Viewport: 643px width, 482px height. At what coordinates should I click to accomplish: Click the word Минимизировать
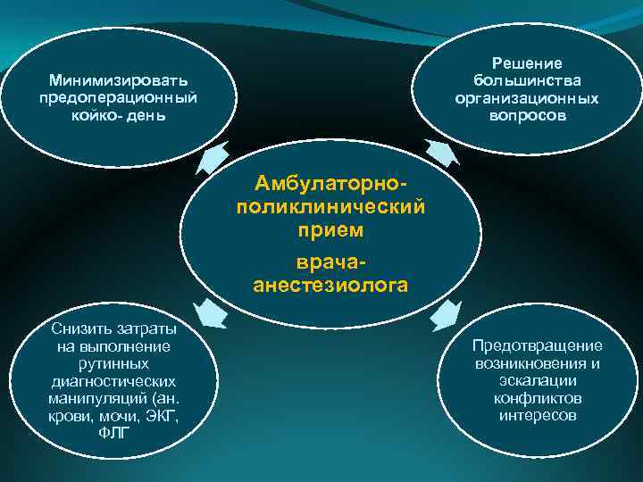pyautogui.click(x=118, y=81)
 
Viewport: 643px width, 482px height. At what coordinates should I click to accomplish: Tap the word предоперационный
pyautogui.click(x=118, y=97)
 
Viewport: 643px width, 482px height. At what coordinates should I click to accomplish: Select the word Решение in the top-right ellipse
pyautogui.click(x=527, y=63)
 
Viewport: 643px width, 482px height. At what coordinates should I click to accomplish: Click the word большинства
pyautogui.click(x=527, y=80)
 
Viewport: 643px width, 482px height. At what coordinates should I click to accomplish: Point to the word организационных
pyautogui.click(x=527, y=98)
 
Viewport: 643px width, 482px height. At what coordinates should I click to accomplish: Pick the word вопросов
pyautogui.click(x=527, y=116)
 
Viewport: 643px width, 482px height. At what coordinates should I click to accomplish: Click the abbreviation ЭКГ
pyautogui.click(x=163, y=416)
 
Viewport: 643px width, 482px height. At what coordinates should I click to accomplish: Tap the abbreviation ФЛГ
pyautogui.click(x=113, y=433)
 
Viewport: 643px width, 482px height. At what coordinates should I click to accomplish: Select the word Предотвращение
pyautogui.click(x=538, y=345)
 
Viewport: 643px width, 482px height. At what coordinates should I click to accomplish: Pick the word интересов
pyautogui.click(x=538, y=416)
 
